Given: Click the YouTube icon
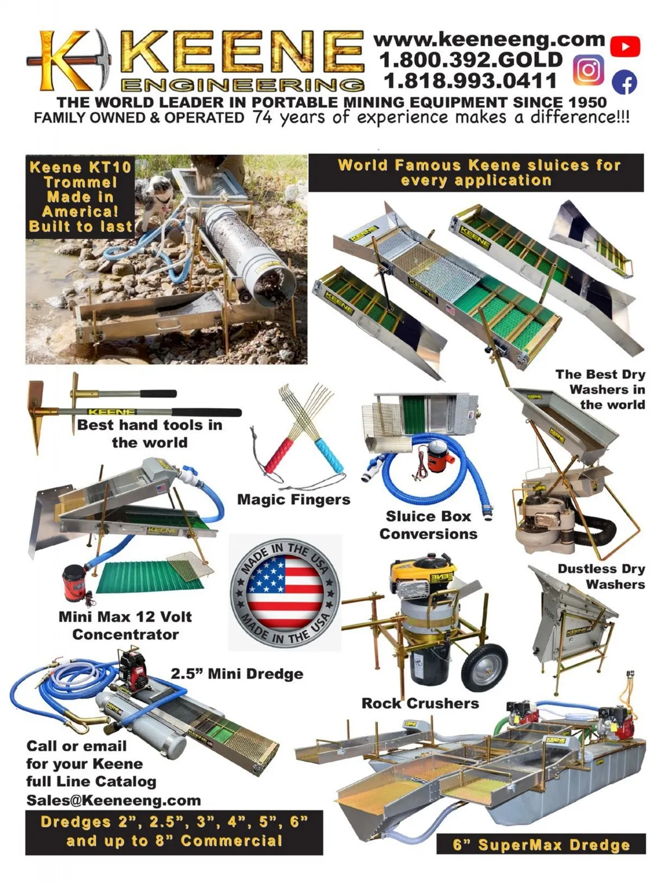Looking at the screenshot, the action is pyautogui.click(x=625, y=46).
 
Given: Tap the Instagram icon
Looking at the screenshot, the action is pyautogui.click(x=589, y=70).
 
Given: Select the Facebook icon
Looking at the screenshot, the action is pyautogui.click(x=624, y=83).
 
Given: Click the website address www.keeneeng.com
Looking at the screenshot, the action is pyautogui.click(x=489, y=40).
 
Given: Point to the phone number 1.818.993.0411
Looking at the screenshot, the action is pyautogui.click(x=470, y=80).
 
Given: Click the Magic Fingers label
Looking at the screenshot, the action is pyautogui.click(x=293, y=499).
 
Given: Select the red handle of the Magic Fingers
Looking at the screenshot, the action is pyautogui.click(x=279, y=456).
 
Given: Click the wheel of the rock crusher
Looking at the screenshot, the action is pyautogui.click(x=484, y=667).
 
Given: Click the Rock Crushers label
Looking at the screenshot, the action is pyautogui.click(x=420, y=703).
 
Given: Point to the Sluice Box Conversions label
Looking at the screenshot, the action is pyautogui.click(x=428, y=525).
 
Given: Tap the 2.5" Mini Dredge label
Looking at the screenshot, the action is pyautogui.click(x=237, y=673).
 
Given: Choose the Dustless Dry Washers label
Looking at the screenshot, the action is pyautogui.click(x=601, y=576).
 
